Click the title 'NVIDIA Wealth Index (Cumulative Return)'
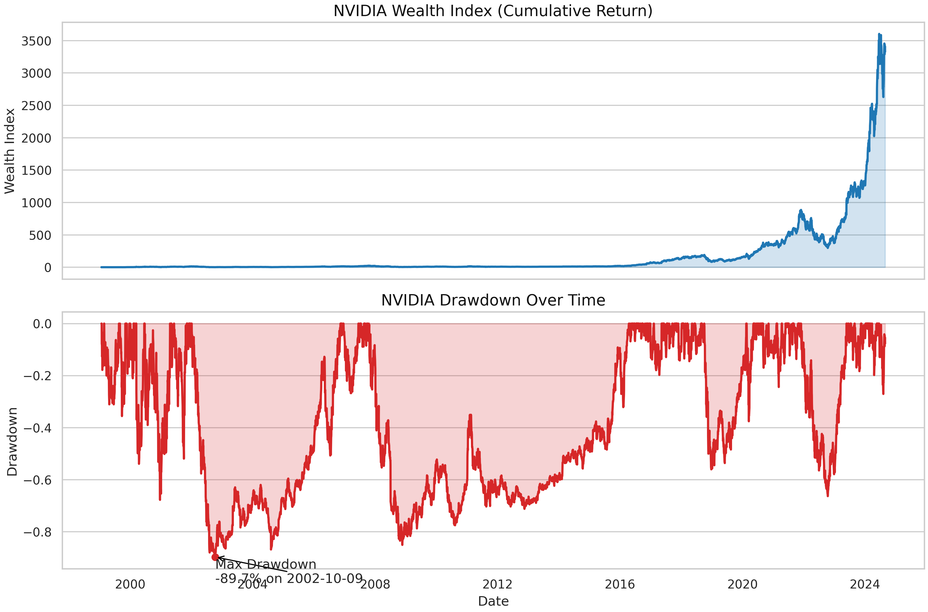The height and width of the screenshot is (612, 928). pyautogui.click(x=493, y=11)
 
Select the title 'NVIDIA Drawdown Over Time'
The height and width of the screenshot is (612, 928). pyautogui.click(x=493, y=300)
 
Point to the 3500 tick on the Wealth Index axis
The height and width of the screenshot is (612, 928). pyautogui.click(x=36, y=41)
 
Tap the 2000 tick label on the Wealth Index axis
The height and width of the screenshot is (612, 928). pyautogui.click(x=36, y=138)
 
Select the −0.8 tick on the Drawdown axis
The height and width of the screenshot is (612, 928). pyautogui.click(x=37, y=532)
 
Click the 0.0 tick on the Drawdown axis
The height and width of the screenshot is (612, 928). pyautogui.click(x=42, y=324)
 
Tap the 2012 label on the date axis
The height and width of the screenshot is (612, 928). pyautogui.click(x=497, y=584)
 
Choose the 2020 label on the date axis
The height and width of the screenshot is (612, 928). pyautogui.click(x=742, y=584)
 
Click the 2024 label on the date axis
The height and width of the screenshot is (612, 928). pyautogui.click(x=865, y=584)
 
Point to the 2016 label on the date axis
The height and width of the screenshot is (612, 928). pyautogui.click(x=619, y=584)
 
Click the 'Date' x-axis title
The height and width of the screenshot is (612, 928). pyautogui.click(x=493, y=601)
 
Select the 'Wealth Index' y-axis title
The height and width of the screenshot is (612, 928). pyautogui.click(x=10, y=151)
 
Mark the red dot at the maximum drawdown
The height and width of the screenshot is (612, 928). pyautogui.click(x=215, y=557)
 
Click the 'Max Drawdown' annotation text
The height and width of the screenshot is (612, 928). pyautogui.click(x=266, y=564)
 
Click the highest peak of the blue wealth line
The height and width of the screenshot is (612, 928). pyautogui.click(x=879, y=34)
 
